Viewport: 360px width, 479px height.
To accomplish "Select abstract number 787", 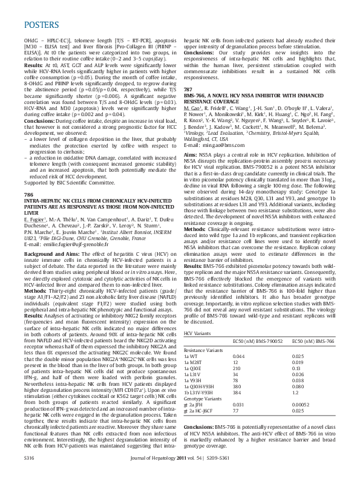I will (x=188, y=89).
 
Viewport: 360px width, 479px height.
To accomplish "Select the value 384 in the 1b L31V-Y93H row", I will (x=237, y=409).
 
